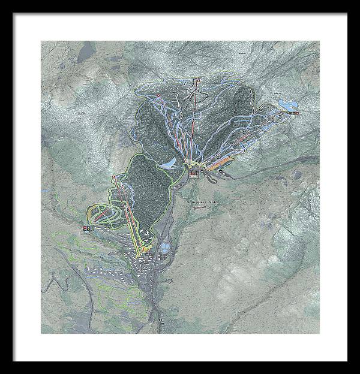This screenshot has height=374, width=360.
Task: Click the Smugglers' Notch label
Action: point(204,203)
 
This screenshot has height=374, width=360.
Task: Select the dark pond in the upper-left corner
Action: point(87,47)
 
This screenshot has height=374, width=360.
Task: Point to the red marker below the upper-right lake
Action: point(293,113)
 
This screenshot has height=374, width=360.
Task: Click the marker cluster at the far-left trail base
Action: point(88,228)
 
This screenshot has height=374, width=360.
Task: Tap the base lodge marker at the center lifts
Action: point(193,172)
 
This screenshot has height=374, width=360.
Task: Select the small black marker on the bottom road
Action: point(161,322)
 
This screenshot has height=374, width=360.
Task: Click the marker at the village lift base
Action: point(146,255)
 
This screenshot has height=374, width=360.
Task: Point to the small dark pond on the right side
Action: point(297,175)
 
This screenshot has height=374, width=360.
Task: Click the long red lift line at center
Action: point(193,126)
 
